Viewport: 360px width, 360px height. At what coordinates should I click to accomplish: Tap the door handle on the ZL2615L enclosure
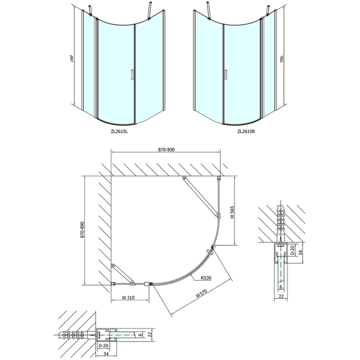(x=132, y=75)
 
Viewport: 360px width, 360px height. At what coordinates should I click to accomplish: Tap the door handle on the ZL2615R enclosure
(x=226, y=75)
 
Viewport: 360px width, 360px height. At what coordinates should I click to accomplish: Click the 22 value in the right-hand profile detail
(x=280, y=296)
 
